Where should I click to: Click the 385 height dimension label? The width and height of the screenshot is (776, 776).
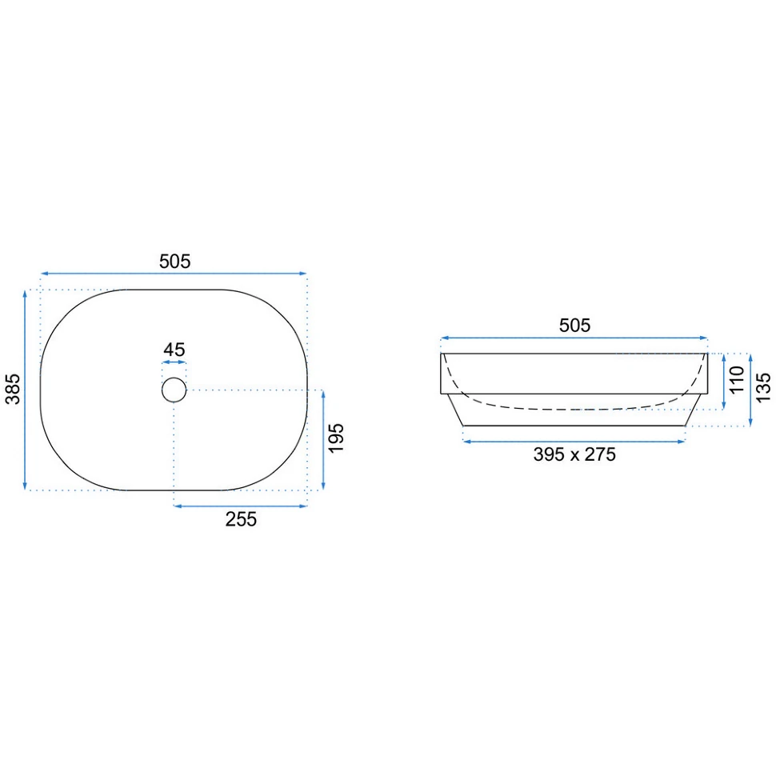coord(13,389)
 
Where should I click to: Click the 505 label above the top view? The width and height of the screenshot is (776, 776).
coord(174,262)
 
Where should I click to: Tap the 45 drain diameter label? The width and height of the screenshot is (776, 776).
coord(174,350)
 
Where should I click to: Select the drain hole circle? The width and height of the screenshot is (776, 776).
coord(174,378)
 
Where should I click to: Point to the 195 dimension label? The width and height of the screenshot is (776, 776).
coord(336,438)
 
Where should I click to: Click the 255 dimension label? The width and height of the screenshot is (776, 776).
coord(241,519)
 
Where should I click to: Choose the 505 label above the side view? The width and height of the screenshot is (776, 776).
coord(574,325)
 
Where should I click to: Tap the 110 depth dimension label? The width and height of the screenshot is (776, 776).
coord(737,379)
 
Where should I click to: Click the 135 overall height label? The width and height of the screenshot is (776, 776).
coord(764,387)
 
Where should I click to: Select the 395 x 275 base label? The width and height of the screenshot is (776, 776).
coord(574,454)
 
